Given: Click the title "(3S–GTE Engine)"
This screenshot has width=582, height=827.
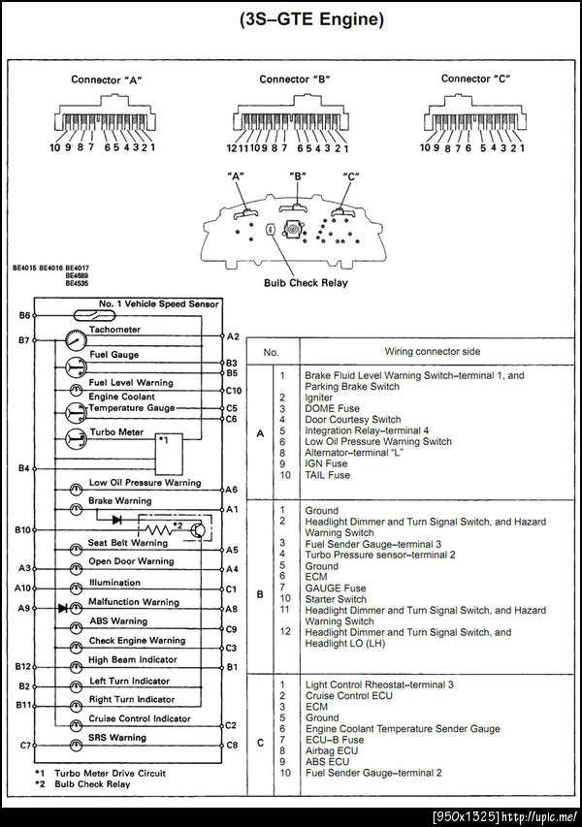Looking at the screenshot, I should click(291, 19).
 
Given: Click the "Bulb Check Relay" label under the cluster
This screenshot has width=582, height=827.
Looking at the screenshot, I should click(306, 283).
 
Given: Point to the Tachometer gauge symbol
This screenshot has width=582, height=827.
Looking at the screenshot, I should click(74, 341).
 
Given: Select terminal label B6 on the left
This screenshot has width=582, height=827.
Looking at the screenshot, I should click(24, 315).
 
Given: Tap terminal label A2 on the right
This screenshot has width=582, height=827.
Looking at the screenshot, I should click(233, 335).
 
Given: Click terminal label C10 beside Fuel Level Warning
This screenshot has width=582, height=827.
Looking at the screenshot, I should click(234, 391).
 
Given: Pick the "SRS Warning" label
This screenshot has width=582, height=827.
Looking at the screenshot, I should click(116, 737).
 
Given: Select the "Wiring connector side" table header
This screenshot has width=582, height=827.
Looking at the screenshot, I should click(432, 351).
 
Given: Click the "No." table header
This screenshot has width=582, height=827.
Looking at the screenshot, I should click(272, 351).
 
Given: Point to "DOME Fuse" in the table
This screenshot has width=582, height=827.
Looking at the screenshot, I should click(333, 408).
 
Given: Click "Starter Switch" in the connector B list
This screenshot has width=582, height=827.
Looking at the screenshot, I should click(336, 599).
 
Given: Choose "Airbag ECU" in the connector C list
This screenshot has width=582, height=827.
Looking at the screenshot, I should click(332, 750).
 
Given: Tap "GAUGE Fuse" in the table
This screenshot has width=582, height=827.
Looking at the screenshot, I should click(335, 588).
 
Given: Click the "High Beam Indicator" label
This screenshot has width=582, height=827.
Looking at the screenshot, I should click(133, 659).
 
